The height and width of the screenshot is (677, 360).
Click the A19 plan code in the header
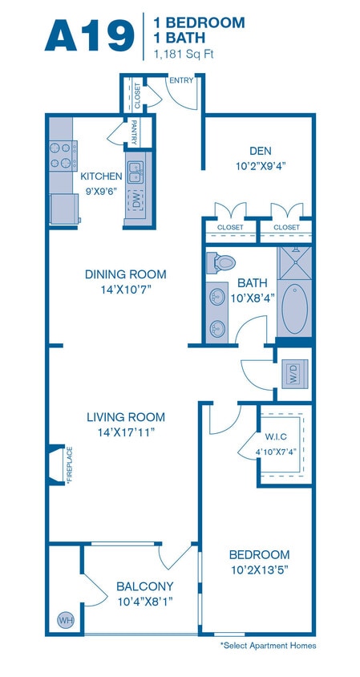coord(89,36)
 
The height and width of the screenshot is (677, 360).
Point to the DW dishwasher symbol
coord(136,200)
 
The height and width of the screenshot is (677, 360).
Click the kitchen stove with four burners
coord(62,155)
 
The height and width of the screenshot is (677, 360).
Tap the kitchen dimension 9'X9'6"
coord(102,192)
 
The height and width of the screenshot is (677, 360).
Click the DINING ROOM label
coord(125,274)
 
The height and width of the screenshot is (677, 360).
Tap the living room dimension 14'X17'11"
coord(125,432)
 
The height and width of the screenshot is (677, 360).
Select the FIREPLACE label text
coord(70,465)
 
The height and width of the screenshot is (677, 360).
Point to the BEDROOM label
coord(259,555)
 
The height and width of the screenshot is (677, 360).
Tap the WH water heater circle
coord(63,618)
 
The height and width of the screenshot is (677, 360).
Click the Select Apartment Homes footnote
coord(268,645)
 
